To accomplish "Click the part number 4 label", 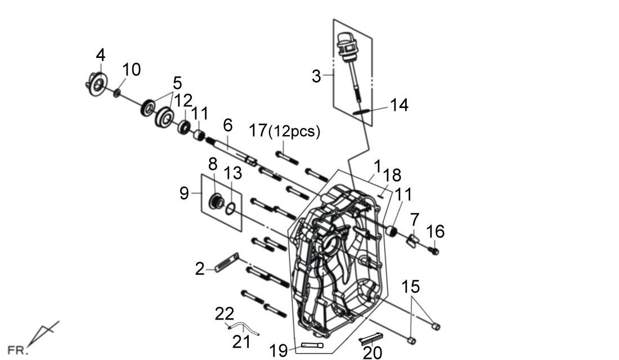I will coord(100,55).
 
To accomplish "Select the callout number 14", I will coord(399,105).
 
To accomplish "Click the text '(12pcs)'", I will coord(294,132).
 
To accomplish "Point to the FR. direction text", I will coord(17,350).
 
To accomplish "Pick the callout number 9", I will coord(185,193).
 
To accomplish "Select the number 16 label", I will coord(435,231).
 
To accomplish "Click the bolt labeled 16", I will coord(433,250).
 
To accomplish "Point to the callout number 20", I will coord(373,352).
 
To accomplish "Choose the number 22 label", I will coord(224,314).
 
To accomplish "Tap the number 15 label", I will coord(411,287).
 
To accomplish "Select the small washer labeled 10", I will coord(116,92).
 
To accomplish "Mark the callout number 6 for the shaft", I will coord(227,125).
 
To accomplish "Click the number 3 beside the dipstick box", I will coord(317,76).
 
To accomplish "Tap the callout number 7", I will coord(415,219).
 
